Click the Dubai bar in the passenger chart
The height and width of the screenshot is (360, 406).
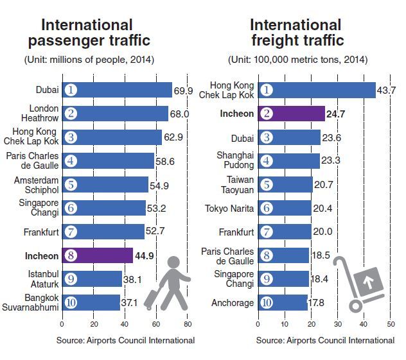pos(117,90)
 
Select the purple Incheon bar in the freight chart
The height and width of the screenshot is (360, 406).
pos(292,114)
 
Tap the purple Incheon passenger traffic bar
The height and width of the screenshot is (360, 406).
pos(98,255)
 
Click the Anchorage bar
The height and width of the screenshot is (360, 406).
pos(283,303)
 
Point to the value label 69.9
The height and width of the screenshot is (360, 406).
pos(183,90)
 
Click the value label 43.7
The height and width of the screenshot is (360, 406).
pos(386,90)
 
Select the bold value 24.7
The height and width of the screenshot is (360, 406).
pos(335,114)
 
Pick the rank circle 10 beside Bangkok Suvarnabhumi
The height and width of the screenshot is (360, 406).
pos(71,303)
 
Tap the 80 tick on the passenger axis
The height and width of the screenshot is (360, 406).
pos(188,324)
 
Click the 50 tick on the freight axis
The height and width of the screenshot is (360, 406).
pos(391,324)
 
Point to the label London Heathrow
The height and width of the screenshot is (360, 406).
pos(40,114)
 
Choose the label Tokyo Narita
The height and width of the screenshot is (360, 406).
pos(229,209)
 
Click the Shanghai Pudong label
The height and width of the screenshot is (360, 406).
pos(235,160)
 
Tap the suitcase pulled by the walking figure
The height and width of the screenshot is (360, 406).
pos(152,298)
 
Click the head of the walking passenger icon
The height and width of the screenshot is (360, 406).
pos(173,262)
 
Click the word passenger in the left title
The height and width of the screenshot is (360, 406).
pos(66,40)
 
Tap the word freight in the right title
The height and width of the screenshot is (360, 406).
pos(273,40)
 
